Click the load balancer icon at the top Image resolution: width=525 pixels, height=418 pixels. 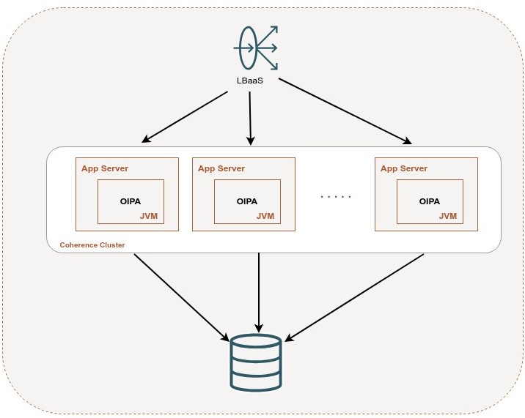[256, 48]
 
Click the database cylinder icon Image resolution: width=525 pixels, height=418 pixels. [255, 362]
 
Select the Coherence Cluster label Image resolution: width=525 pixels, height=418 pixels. [92, 245]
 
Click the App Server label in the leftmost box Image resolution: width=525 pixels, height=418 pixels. [105, 168]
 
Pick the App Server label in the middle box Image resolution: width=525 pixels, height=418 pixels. [221, 168]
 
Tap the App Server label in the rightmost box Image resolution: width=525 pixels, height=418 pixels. [403, 168]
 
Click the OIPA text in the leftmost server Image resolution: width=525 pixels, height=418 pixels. [131, 201]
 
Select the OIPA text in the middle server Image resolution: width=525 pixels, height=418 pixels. [247, 201]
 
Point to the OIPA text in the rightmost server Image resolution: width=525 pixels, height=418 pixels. [429, 201]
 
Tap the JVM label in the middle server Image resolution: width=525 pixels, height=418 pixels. [265, 216]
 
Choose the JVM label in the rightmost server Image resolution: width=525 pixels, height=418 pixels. [447, 216]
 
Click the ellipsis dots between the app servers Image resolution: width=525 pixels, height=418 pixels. [337, 197]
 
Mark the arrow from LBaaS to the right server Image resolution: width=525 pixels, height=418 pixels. [343, 110]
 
